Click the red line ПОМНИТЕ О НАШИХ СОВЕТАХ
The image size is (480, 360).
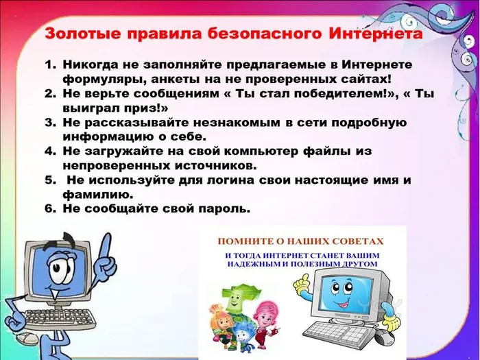coord(300,241)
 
